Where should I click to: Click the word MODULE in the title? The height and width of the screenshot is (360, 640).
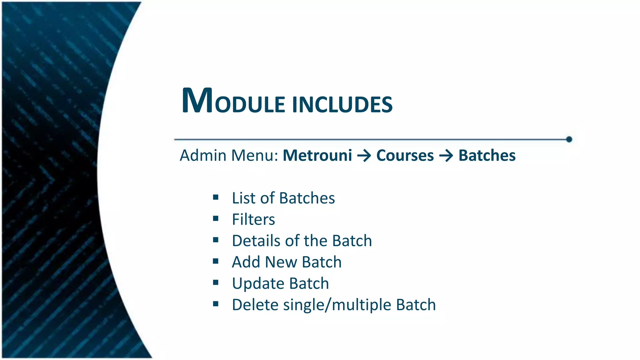[233, 101]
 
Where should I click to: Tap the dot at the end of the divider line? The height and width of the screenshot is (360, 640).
[569, 139]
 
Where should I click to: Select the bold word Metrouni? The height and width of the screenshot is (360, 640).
[317, 155]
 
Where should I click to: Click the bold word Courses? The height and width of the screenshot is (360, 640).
[405, 155]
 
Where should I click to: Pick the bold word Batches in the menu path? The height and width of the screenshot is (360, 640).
[487, 155]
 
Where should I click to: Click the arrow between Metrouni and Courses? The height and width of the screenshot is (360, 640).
[364, 156]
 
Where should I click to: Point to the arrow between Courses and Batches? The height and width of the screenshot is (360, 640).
[446, 156]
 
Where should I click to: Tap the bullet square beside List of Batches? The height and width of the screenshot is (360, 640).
[216, 197]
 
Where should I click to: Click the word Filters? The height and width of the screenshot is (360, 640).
[253, 219]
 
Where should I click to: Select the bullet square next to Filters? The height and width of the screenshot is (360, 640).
[216, 218]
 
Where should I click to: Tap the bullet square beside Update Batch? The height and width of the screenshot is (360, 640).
[216, 282]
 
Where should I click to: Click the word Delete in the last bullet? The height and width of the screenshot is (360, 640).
[255, 305]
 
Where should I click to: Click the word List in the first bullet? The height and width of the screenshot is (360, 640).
[243, 198]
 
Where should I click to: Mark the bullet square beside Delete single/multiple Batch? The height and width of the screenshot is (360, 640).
[216, 304]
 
